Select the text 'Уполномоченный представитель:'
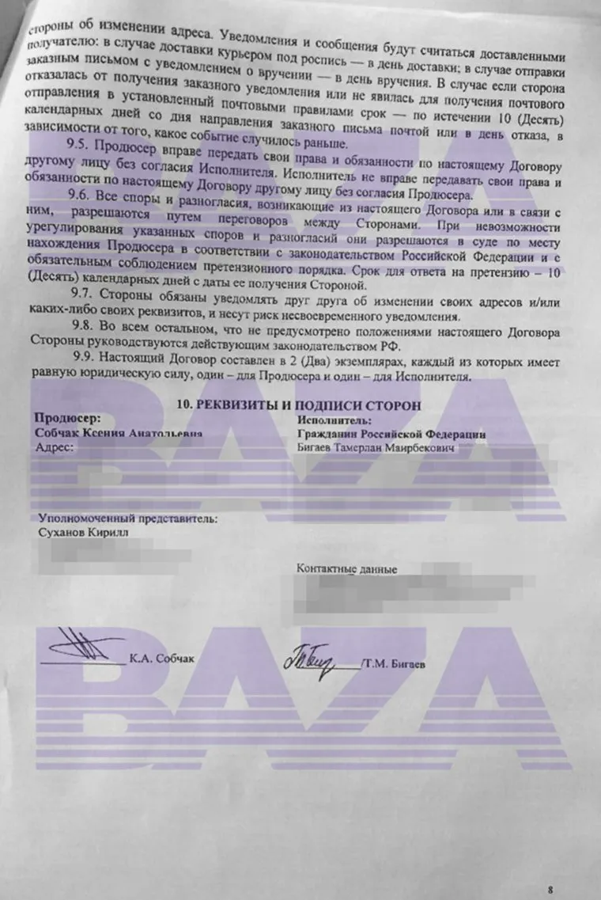[x=128, y=519]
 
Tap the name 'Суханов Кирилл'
[x=83, y=534]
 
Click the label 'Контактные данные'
[x=346, y=569]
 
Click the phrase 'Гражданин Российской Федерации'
[x=391, y=435]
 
